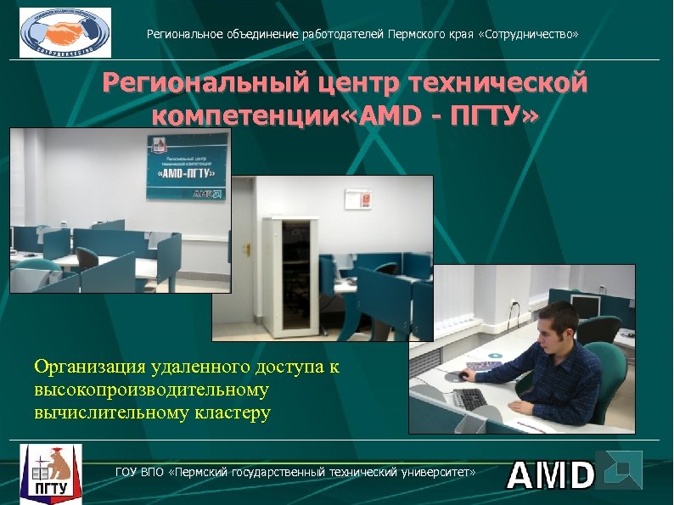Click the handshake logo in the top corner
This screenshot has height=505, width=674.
pyautogui.click(x=65, y=32)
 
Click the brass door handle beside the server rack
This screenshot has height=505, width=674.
pyautogui.click(x=247, y=249)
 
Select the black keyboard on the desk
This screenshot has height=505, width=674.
pyautogui.click(x=469, y=397)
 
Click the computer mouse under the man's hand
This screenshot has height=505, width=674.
pyautogui.click(x=464, y=374)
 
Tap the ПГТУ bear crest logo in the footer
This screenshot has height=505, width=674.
pyautogui.click(x=51, y=474)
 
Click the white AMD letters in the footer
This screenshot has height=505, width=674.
pyautogui.click(x=549, y=475)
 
